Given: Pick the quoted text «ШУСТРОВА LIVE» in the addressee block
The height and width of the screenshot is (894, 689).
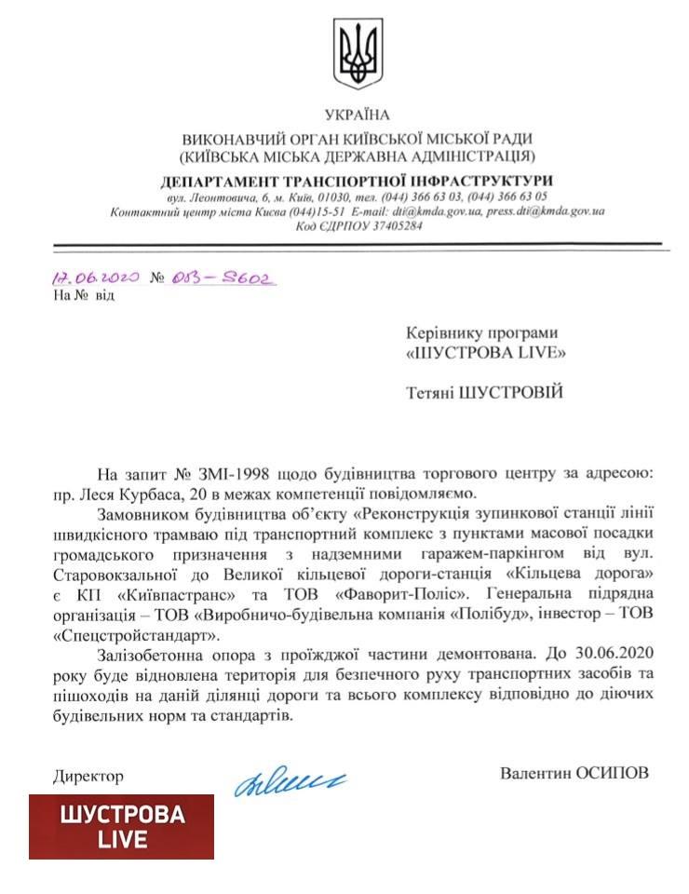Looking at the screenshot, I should [x=486, y=353].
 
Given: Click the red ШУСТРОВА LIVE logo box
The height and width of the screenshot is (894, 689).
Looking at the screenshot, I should [x=121, y=826].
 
